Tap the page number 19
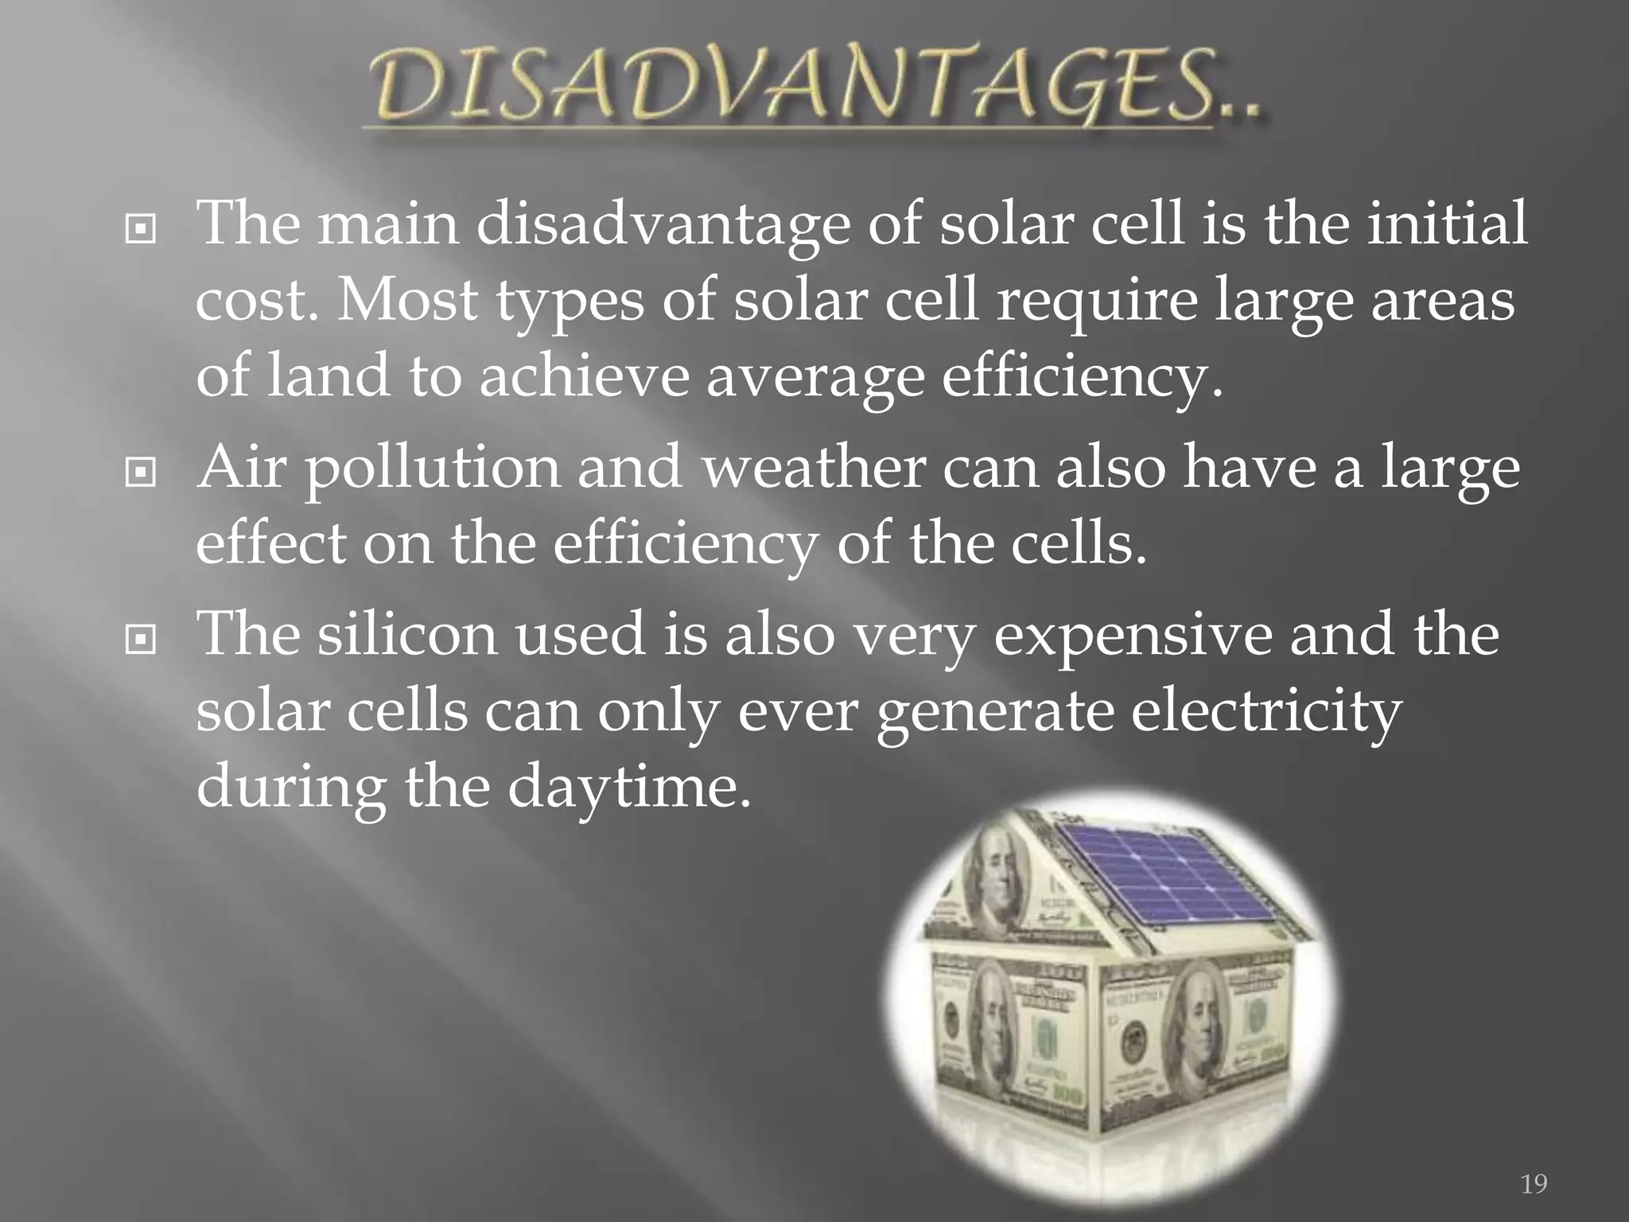coord(1534,1185)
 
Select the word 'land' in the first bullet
coord(329,376)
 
